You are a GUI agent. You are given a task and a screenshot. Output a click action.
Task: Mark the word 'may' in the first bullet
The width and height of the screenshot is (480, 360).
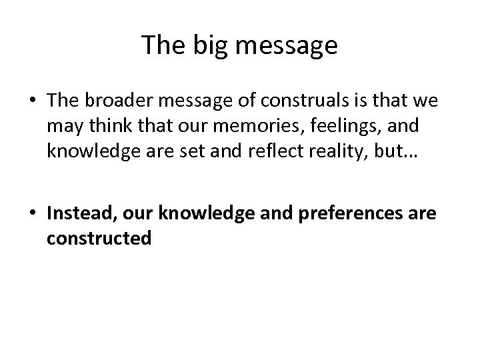(x=60, y=127)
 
